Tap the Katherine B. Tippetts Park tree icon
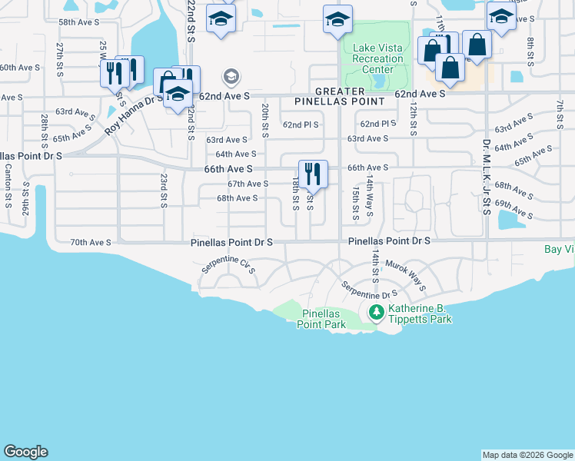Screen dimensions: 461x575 tap(376, 312)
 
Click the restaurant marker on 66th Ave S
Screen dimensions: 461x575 tap(313, 174)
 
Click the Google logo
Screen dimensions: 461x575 tap(25, 453)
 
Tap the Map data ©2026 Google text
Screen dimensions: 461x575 tap(527, 455)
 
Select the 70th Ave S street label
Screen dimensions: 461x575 tap(91, 242)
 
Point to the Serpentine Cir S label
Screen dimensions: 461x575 tap(228, 267)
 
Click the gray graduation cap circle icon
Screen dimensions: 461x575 tap(231, 77)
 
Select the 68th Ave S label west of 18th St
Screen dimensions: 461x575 tap(237, 198)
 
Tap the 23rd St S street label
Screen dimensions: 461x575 tap(164, 191)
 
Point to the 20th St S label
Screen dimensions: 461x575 tap(265, 120)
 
